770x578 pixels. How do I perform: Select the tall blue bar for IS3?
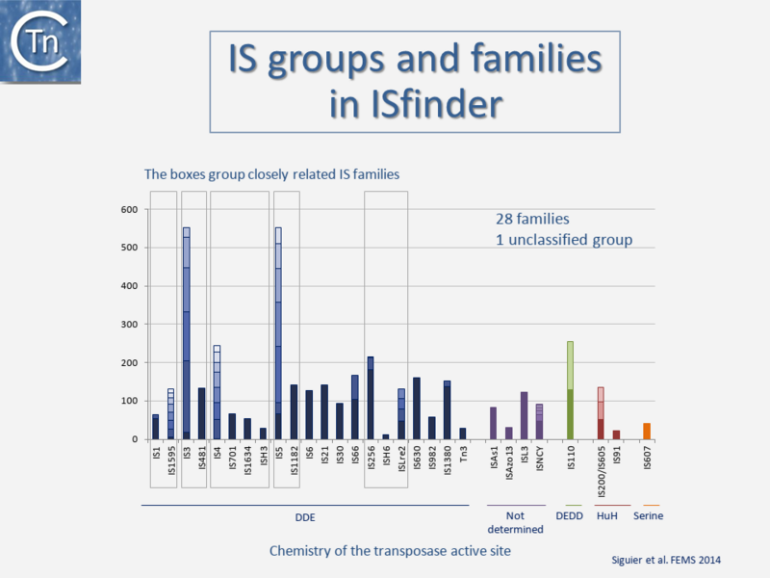point(186,337)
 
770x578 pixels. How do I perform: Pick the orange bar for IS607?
point(647,431)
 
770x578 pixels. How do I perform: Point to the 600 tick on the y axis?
point(129,210)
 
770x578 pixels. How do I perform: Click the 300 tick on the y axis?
point(129,325)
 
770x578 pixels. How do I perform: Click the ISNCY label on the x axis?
point(540,461)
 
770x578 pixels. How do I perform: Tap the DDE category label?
point(304,516)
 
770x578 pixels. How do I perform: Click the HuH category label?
point(608,516)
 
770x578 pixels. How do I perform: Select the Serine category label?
point(649,516)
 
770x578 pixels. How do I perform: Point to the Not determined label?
point(516,522)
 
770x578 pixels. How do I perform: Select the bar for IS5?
point(278,337)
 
